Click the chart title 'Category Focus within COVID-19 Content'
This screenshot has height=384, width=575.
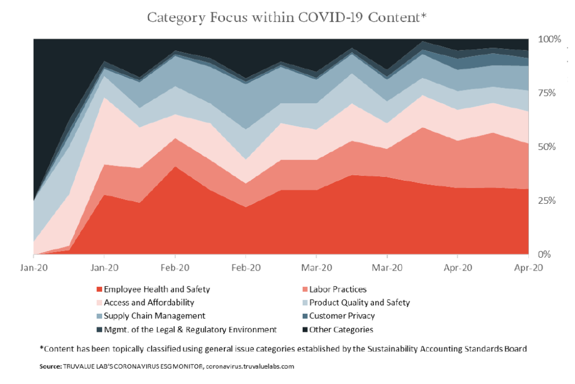(x=287, y=17)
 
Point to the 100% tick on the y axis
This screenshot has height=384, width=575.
(x=549, y=39)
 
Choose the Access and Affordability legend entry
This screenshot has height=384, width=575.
(x=149, y=303)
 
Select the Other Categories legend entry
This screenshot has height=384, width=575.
(x=341, y=330)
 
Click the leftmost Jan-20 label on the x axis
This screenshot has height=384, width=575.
(x=34, y=268)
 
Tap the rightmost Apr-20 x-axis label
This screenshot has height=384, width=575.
(x=528, y=268)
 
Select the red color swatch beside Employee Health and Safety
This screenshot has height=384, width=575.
(x=99, y=290)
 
